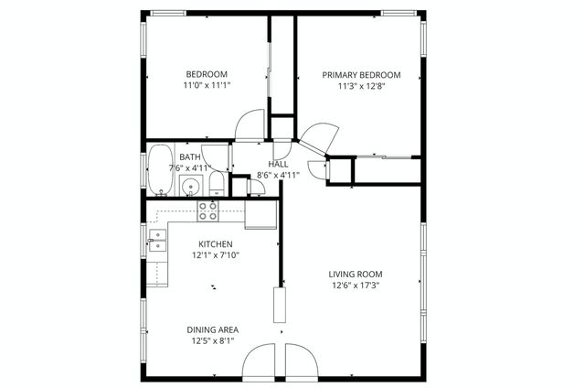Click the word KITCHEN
[x=216, y=244]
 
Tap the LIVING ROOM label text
[x=356, y=274]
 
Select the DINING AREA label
[x=214, y=329]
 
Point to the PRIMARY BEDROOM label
[x=361, y=74]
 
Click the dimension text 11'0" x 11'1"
[x=207, y=85]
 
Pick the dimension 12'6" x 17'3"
[x=356, y=286]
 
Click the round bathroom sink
[x=189, y=188]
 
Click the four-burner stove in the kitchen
[x=208, y=211]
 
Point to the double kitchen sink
[x=157, y=240]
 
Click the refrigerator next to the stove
[x=261, y=214]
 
